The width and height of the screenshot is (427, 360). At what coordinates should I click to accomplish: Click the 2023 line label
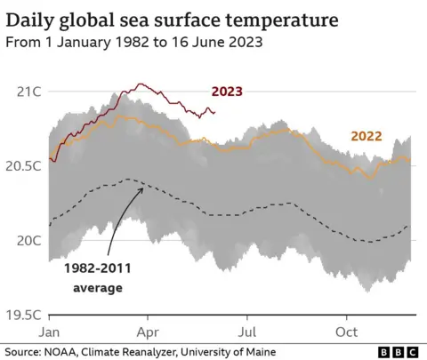tap(227, 92)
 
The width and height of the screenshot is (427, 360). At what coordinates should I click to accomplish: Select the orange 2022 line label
tap(367, 138)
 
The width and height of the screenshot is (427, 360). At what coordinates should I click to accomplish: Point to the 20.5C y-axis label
tap(27, 165)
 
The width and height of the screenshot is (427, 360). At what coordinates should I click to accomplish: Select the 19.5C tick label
tap(27, 314)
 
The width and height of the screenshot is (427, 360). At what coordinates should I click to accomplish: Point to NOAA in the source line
tap(63, 351)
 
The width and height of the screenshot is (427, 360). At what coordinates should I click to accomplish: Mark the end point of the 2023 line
tap(214, 112)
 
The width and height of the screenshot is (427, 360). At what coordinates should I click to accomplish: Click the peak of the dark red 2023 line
tap(139, 84)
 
